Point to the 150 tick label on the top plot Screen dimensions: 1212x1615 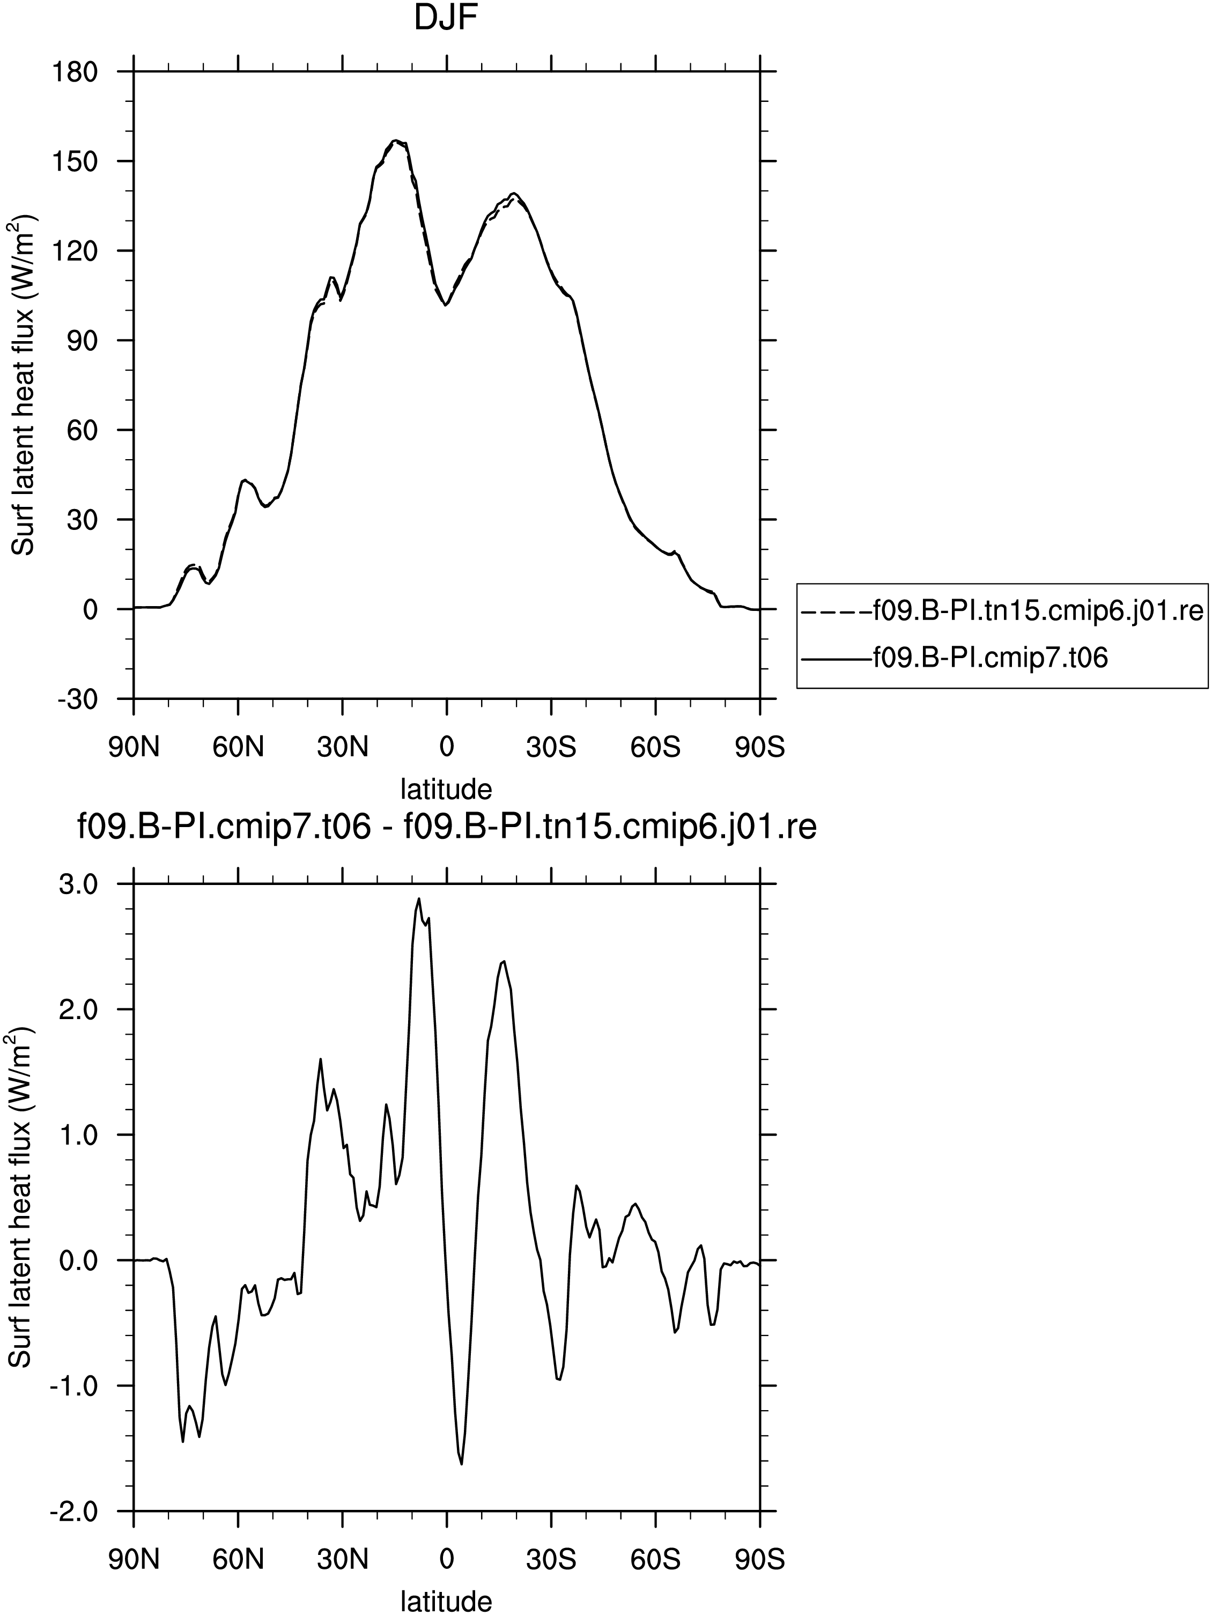tap(75, 161)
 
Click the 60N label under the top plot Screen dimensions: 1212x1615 tap(238, 748)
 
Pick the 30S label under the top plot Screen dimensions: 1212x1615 tap(551, 748)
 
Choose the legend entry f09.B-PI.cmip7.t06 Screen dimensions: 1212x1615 tap(991, 658)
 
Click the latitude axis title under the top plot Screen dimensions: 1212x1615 tap(446, 788)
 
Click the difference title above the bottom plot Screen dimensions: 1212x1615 tap(446, 828)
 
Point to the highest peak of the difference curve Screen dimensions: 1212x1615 tap(419, 899)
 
